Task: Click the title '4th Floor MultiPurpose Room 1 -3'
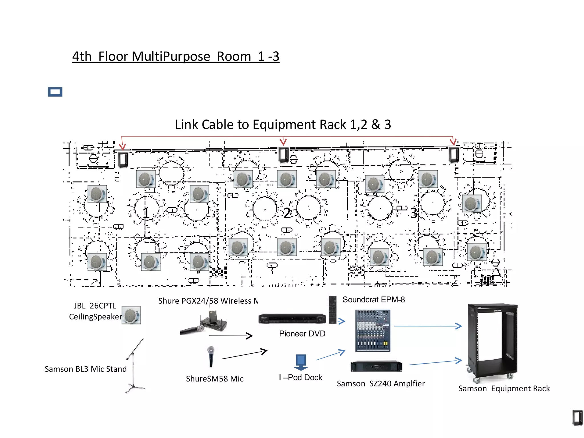coord(176,56)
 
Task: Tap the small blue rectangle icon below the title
coord(55,92)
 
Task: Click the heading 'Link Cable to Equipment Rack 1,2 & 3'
coord(283,125)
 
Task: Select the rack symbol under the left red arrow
coord(123,160)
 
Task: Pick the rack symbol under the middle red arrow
coord(283,155)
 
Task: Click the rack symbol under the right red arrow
coord(454,155)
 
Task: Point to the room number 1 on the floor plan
coord(146,212)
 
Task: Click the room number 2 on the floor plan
coord(287,213)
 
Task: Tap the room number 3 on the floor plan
coord(413,213)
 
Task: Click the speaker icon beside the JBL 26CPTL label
coord(131,315)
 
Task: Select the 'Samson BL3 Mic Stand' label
coord(86,369)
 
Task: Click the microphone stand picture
coord(135,366)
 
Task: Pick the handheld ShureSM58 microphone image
coord(211,356)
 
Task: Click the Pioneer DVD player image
coord(292,319)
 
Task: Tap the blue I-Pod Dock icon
coord(301,362)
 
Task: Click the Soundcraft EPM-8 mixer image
coord(373,330)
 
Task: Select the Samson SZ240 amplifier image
coord(376,366)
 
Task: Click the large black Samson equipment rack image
coord(492,342)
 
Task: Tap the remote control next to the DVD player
coord(332,310)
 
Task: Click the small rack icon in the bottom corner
coord(577,418)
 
